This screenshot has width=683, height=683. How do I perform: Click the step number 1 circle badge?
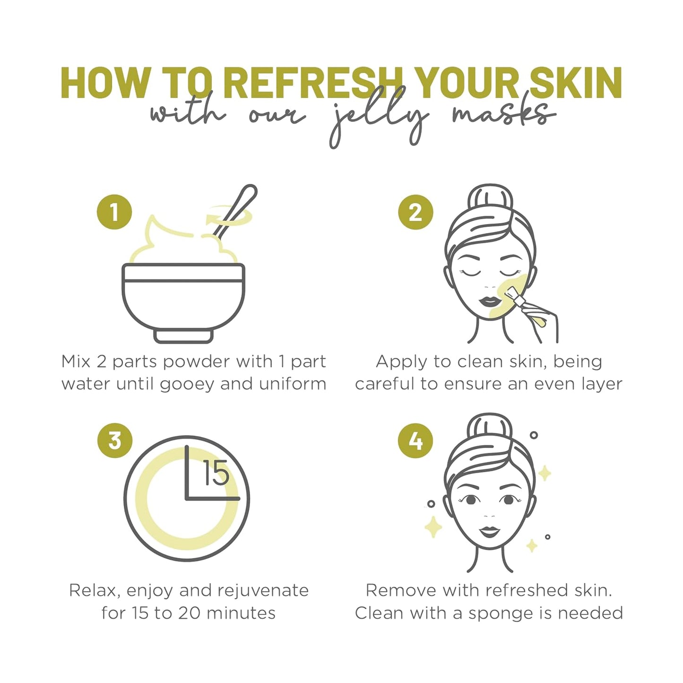point(114,212)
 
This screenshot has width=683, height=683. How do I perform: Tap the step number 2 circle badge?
point(415,212)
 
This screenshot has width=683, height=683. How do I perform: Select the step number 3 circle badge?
point(114,441)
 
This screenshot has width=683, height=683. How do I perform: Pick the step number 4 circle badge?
point(415,441)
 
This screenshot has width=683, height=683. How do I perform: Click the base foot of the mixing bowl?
point(183,336)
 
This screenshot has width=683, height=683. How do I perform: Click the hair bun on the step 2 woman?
point(490,199)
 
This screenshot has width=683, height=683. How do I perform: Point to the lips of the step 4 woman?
point(490,532)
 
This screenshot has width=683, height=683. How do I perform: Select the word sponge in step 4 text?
point(501,613)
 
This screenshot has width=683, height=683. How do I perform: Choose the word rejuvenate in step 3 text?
point(263,591)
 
